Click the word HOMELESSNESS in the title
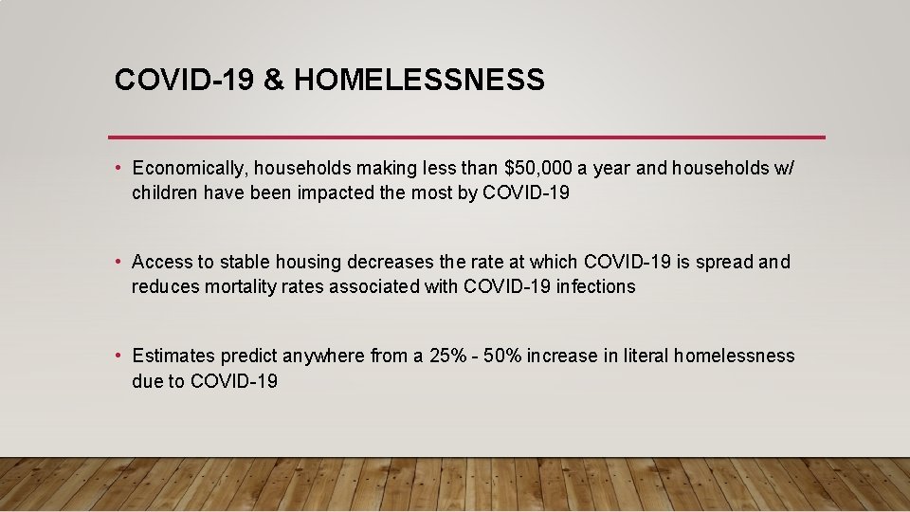pyautogui.click(x=419, y=81)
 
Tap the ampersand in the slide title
pyautogui.click(x=274, y=81)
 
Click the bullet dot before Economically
pyautogui.click(x=118, y=169)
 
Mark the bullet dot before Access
pyautogui.click(x=118, y=262)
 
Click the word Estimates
pyautogui.click(x=173, y=357)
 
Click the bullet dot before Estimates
pyautogui.click(x=118, y=357)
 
